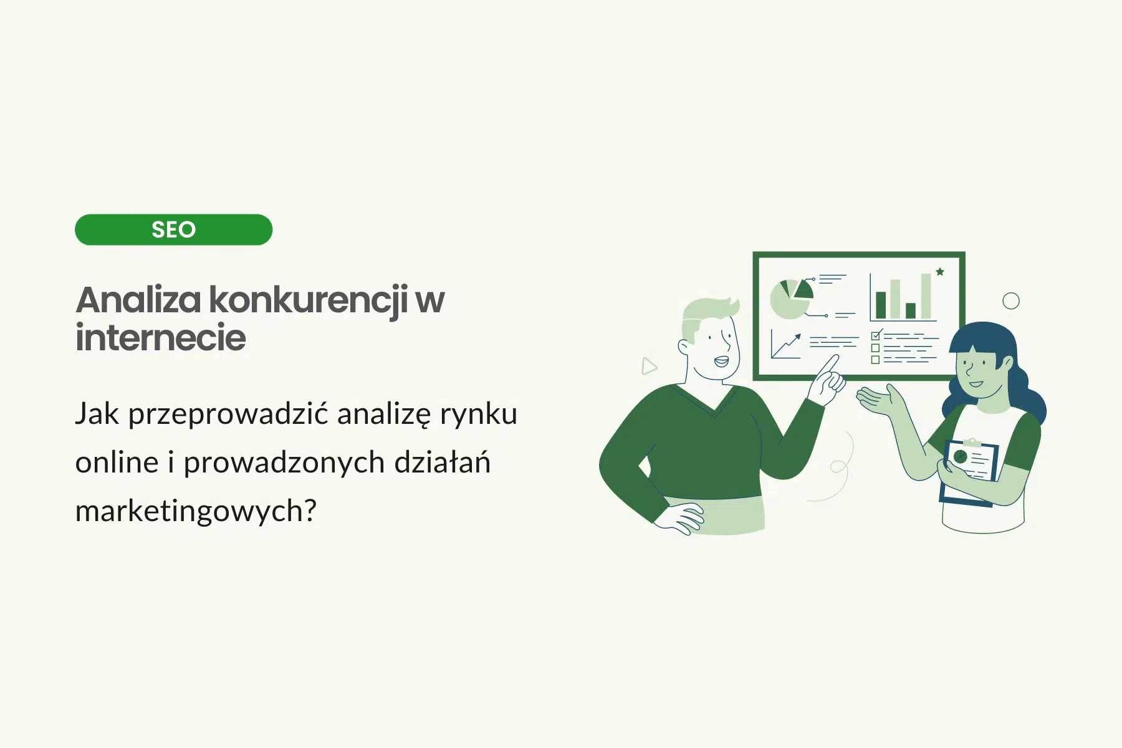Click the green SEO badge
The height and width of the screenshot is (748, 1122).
click(173, 229)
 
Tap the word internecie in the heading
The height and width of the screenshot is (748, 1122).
click(161, 338)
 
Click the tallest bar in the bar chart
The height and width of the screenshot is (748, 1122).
click(926, 296)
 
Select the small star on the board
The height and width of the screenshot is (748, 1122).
click(940, 272)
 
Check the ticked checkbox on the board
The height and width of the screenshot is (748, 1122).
click(876, 335)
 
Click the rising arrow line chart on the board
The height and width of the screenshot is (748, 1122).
click(786, 345)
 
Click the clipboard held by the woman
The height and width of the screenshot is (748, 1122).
click(969, 471)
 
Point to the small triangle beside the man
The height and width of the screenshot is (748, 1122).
click(649, 366)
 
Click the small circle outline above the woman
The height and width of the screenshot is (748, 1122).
click(1010, 301)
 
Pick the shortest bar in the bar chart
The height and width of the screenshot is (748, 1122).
click(911, 310)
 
